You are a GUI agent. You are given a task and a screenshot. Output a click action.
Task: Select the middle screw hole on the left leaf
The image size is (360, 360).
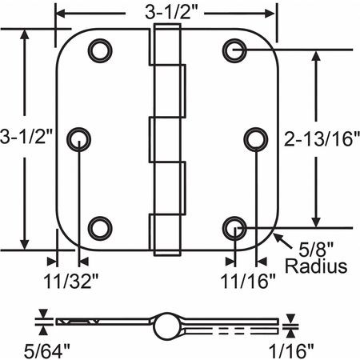coord(80,139)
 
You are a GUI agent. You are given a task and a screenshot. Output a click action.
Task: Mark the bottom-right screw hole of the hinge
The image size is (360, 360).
coord(234,228)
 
